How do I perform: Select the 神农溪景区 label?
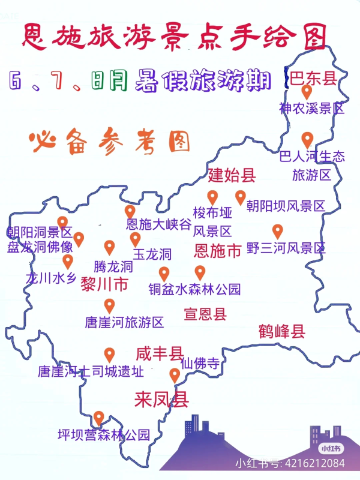coord(311,109)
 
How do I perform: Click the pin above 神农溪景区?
coord(307,92)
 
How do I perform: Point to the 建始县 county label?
coord(232,175)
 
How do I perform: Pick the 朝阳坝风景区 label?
coord(286,206)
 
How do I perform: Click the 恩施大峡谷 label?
coord(158,225)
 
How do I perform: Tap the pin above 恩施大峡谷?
coord(130,211)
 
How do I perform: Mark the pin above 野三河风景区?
coord(277,231)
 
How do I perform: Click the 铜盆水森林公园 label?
coord(194,289)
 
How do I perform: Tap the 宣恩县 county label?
coord(205,313)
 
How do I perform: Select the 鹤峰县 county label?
coord(282,331)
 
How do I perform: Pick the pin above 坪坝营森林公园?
coord(100,417)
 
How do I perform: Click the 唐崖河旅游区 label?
coord(124,322)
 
